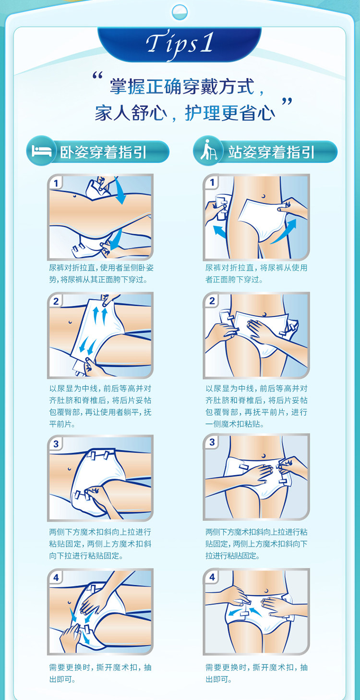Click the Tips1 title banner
180,44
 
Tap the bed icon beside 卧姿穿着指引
41,150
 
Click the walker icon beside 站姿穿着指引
208,150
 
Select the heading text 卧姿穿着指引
103,152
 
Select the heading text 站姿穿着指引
271,152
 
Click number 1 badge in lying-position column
56,183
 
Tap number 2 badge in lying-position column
56,301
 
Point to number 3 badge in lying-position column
56,444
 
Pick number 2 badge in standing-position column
212,301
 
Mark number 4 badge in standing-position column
212,577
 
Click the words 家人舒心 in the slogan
131,113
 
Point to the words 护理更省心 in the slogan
230,113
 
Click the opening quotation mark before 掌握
98,76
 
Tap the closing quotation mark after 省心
287,102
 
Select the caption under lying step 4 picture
100,673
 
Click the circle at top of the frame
180,12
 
